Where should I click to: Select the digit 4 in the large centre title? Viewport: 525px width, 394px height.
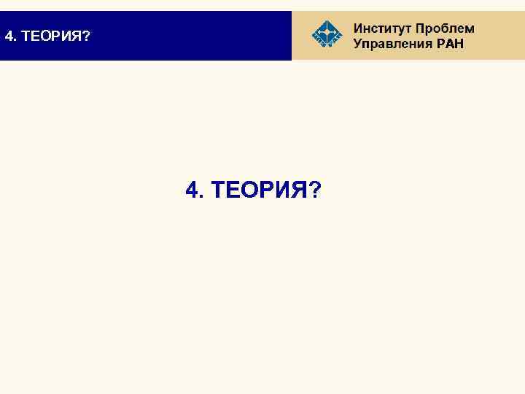click(192, 190)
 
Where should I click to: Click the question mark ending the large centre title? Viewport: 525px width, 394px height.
click(314, 190)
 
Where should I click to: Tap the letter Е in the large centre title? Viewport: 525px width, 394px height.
click(233, 190)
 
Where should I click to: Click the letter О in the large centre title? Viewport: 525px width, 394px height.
click(250, 190)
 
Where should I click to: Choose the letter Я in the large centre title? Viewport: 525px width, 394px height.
click(300, 190)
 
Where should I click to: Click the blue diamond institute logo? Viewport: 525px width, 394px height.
click(326, 34)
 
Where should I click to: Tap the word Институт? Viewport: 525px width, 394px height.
click(382, 28)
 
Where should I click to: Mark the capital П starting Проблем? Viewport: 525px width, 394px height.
click(421, 28)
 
